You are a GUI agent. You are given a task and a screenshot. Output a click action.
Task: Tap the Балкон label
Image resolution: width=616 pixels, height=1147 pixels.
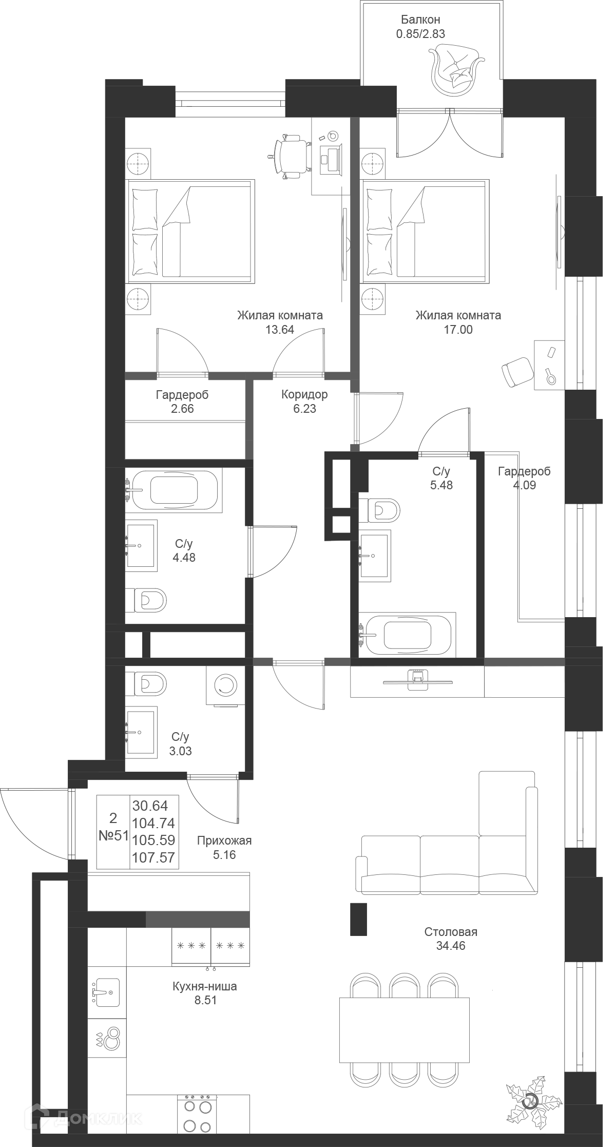click(x=420, y=20)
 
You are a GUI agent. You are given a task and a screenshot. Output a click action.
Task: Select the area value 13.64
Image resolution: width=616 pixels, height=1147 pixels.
click(x=279, y=330)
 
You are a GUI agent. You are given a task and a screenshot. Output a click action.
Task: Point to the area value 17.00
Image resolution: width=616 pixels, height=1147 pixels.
click(x=458, y=330)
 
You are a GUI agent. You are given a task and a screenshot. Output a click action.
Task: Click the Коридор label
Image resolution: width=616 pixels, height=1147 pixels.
click(x=304, y=394)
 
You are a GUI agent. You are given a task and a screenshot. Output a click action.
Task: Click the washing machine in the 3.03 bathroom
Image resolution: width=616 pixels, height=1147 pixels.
click(x=225, y=685)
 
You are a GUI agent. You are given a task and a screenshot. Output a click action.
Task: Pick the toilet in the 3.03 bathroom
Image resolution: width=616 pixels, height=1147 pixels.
click(x=147, y=683)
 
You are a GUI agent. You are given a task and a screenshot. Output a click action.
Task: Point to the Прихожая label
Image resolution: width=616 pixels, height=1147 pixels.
click(x=224, y=840)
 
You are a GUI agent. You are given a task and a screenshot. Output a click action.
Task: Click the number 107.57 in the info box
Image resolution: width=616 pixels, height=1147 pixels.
click(x=153, y=857)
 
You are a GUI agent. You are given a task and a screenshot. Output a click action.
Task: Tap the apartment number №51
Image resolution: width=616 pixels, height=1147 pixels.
click(x=113, y=835)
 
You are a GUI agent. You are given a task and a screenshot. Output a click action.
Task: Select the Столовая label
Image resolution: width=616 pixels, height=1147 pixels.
click(x=451, y=931)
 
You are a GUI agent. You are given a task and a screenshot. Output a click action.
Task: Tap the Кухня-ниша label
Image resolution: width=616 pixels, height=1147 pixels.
click(x=204, y=986)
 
